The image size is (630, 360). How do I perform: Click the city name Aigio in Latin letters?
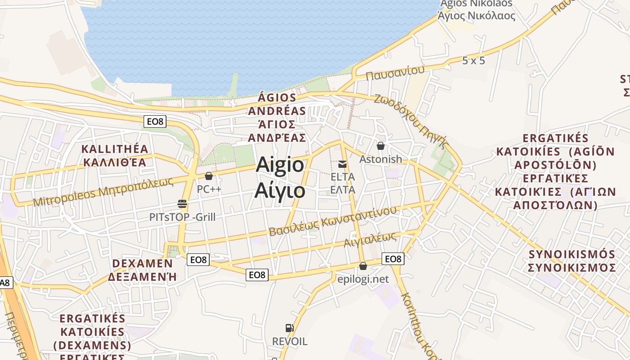pos(280,165)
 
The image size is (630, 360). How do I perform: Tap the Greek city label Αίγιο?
pos(280,190)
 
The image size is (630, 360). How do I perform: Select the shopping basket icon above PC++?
pos(208,175)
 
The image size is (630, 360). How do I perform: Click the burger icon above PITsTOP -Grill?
pos(182,204)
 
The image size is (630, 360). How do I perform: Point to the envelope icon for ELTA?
pos(342,164)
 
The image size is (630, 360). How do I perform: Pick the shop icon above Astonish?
pos(381,146)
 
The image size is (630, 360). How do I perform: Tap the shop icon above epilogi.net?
pos(363,266)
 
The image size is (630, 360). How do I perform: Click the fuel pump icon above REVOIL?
pos(289,328)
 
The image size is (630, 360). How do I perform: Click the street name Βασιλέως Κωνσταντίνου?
pos(333,221)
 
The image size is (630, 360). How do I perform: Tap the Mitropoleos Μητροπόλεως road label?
pos(103,191)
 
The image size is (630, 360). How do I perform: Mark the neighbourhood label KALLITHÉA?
pos(114,149)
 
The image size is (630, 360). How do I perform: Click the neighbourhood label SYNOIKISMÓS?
pos(571,254)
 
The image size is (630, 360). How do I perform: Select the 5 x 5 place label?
pos(473,60)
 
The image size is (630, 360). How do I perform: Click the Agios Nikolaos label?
pos(476,4)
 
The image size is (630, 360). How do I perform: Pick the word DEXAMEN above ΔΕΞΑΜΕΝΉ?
pos(142,263)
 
